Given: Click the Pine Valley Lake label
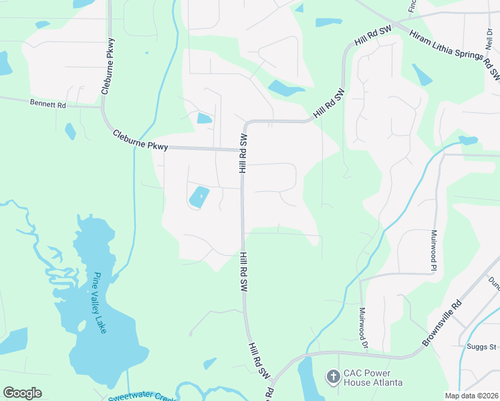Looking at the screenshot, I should point(100,303).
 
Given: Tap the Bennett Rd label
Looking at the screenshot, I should point(48,104).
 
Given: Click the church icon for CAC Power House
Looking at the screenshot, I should point(333,378).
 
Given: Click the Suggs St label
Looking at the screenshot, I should point(482,347).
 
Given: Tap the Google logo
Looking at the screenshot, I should point(23,393).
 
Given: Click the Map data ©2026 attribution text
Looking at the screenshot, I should point(472,396).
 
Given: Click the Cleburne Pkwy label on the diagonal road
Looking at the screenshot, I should point(140,140).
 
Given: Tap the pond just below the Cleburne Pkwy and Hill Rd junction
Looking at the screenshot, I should point(199,196).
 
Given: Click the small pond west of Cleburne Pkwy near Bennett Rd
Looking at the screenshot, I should point(70,131).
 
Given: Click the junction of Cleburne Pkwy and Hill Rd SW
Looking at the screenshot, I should point(241,150).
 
